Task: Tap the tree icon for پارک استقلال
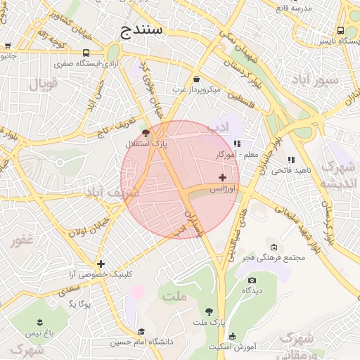pyautogui.click(x=146, y=132)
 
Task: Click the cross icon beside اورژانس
pyautogui.click(x=223, y=177)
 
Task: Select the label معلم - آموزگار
pyautogui.click(x=239, y=153)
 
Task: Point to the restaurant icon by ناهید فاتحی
pyautogui.click(x=291, y=160)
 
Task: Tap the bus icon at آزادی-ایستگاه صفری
pyautogui.click(x=86, y=53)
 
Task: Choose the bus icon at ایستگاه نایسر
pyautogui.click(x=341, y=30)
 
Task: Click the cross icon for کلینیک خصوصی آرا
pyautogui.click(x=101, y=264)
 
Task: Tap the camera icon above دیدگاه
pyautogui.click(x=252, y=281)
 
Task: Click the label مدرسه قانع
pyautogui.click(x=292, y=8)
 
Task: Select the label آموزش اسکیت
pyautogui.click(x=231, y=347)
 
